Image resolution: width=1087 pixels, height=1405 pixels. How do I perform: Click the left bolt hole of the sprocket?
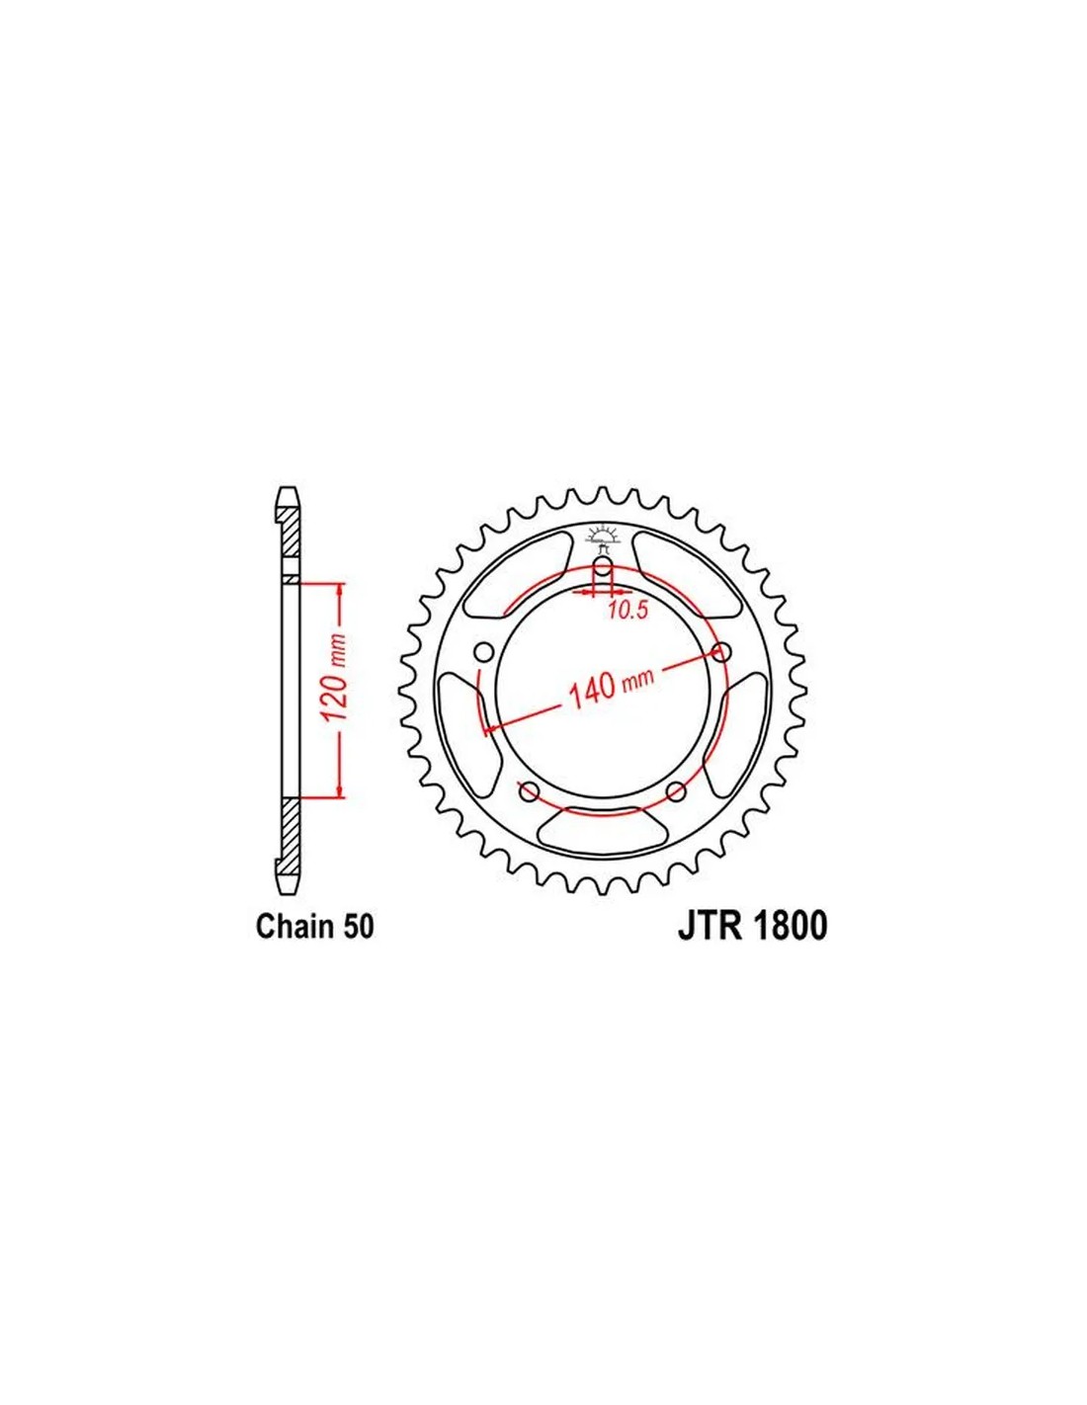tap(483, 653)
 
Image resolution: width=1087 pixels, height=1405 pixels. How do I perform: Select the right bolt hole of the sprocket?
tap(721, 653)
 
